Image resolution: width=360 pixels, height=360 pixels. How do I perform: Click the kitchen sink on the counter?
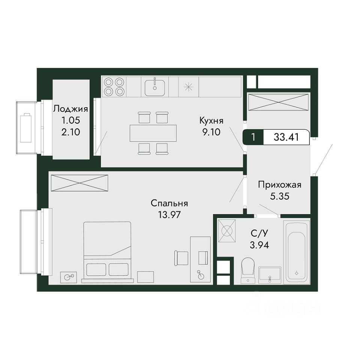coord(155,87)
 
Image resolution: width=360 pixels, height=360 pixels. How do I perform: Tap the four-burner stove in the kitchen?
coord(114,87)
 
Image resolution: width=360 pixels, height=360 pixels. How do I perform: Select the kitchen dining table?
coord(153,133)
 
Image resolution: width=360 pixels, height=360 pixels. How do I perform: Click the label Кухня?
coord(211,120)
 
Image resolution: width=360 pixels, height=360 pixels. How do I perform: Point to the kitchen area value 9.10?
coord(211,132)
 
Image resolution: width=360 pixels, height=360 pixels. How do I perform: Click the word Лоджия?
coord(71,109)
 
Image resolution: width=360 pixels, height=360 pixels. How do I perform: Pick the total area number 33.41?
coord(286,137)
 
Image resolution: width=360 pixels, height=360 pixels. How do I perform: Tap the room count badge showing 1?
coord(253,137)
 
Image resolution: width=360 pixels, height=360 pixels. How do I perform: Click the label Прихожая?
coord(280,185)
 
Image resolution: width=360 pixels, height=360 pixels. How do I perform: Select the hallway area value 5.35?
coord(280,196)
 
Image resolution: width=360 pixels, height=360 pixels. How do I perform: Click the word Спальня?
coord(169,203)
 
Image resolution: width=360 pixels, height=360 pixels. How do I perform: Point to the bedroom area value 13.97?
coord(169,214)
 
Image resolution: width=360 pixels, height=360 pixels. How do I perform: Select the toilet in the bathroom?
coord(248,270)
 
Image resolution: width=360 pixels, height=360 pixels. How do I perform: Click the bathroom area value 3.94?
coord(259,245)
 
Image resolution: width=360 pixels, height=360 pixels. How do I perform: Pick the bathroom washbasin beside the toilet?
coord(270,275)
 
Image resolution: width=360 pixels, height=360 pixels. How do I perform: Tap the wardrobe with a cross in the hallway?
coord(278,102)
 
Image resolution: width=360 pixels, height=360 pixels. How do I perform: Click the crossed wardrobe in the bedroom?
coord(79,183)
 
